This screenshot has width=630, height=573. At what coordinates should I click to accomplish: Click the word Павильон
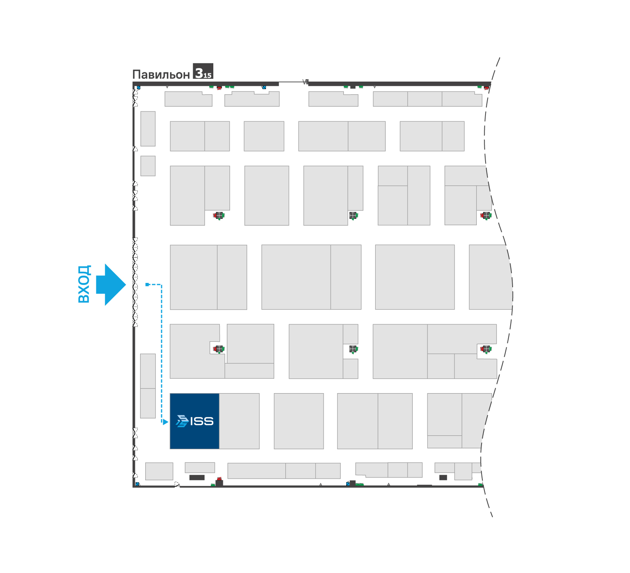(x=161, y=74)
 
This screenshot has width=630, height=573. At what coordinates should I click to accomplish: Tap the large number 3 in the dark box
(x=199, y=72)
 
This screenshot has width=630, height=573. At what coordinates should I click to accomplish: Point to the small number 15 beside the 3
(x=208, y=75)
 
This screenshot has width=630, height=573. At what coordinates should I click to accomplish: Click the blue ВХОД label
(x=84, y=284)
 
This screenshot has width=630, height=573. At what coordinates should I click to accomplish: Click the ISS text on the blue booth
(x=202, y=421)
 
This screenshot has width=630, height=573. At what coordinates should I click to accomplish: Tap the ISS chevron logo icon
(x=182, y=421)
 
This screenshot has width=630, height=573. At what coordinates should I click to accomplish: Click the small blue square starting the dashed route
(x=147, y=285)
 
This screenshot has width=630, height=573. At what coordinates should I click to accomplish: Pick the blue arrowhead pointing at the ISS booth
(x=166, y=422)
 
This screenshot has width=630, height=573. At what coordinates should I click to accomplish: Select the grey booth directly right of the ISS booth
(x=239, y=421)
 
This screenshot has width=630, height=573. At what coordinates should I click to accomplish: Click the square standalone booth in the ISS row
(x=299, y=421)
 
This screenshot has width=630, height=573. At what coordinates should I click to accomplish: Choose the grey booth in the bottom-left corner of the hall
(x=159, y=471)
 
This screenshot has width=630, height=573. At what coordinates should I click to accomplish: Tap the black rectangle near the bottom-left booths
(x=197, y=477)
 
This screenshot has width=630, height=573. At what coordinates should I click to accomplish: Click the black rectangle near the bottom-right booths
(x=443, y=477)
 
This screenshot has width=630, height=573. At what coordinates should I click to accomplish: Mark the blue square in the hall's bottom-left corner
(x=138, y=484)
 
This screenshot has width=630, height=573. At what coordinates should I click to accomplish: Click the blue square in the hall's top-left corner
(x=138, y=87)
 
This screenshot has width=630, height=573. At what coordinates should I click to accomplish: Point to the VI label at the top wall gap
(x=305, y=82)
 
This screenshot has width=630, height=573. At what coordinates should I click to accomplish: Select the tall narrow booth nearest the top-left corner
(x=148, y=129)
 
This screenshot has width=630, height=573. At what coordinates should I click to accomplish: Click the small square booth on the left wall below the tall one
(x=148, y=166)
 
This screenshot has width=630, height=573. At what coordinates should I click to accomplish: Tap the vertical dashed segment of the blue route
(x=162, y=353)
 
